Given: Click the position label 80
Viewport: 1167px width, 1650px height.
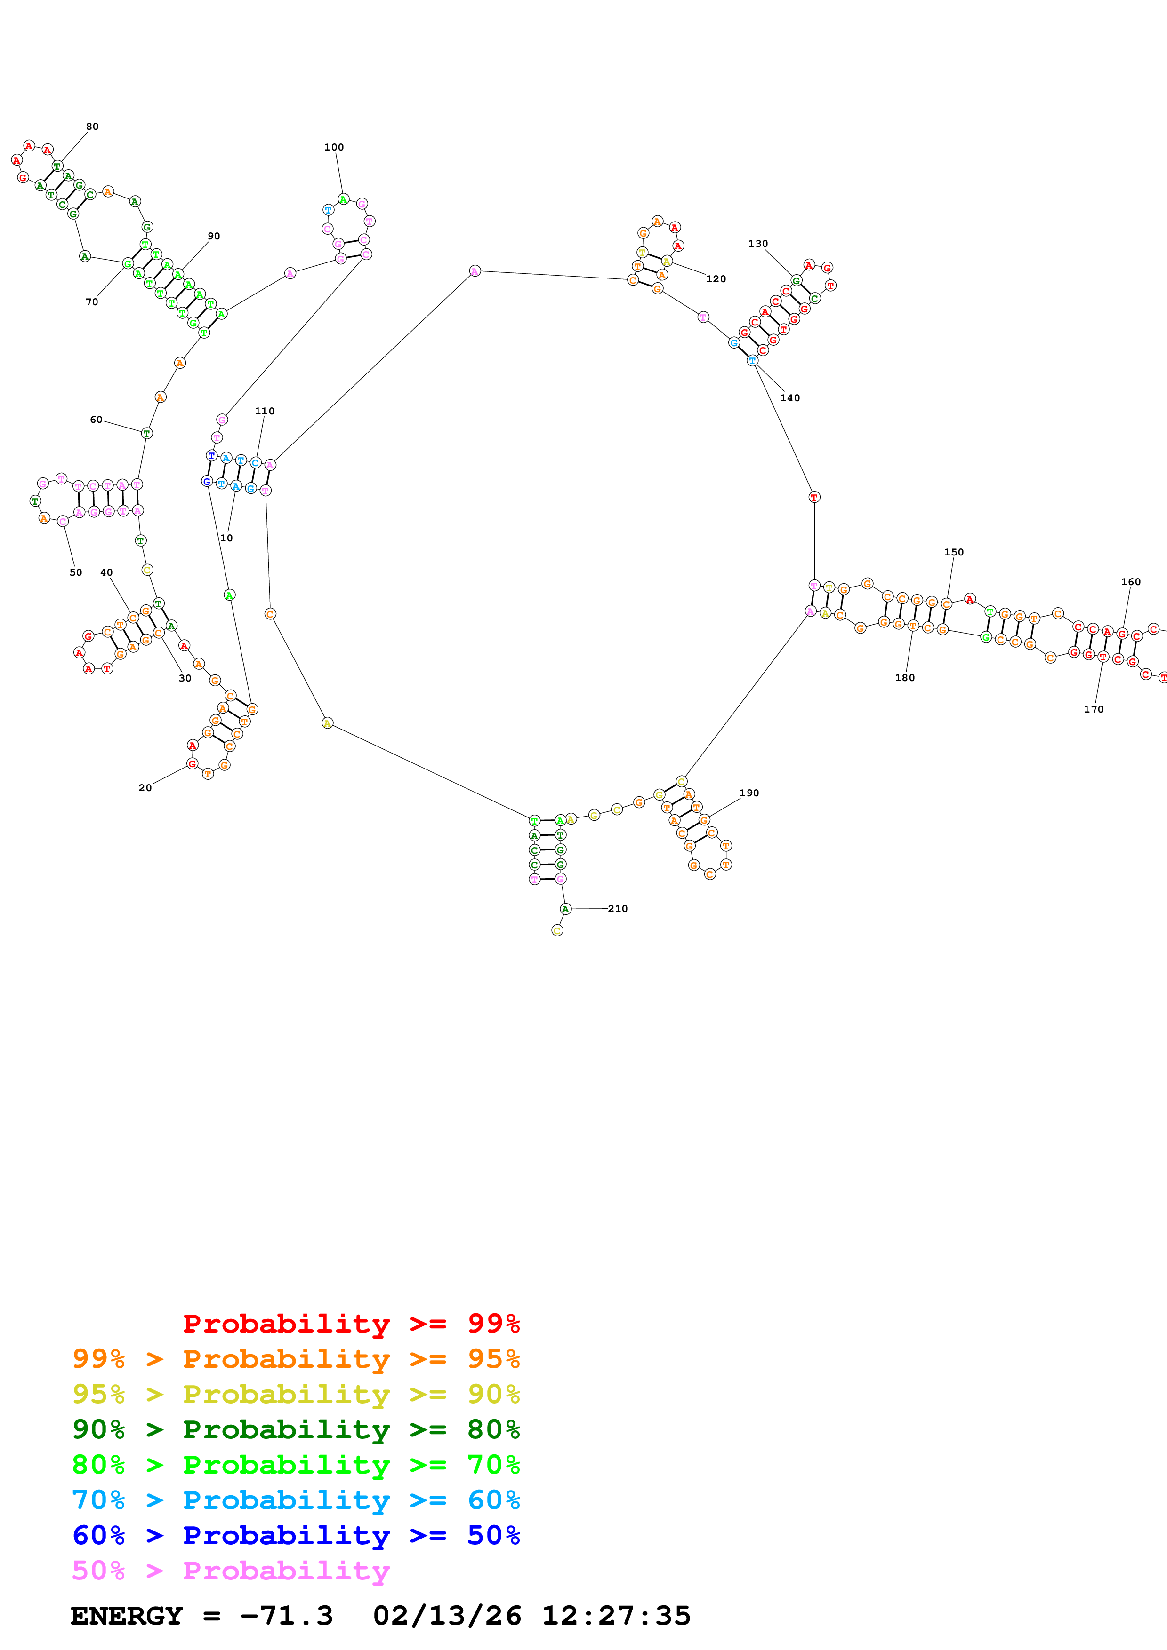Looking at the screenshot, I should click(x=92, y=127).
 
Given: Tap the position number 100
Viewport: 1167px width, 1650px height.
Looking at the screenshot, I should click(x=334, y=147).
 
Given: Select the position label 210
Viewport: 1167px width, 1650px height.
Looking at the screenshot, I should click(x=618, y=909).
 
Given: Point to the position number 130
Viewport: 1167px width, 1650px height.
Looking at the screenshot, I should click(x=758, y=244).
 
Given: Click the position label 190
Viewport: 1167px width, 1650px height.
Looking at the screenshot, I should click(x=749, y=793).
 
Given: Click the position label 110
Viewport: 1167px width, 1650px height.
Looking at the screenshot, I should click(x=265, y=411).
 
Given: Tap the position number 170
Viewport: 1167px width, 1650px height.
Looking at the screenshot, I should click(x=1094, y=709).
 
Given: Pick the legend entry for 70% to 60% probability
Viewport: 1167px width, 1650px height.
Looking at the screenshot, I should click(x=296, y=1500).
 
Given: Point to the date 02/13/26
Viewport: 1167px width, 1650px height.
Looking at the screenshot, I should click(x=447, y=1616).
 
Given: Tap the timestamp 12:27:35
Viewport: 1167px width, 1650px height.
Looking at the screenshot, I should click(x=616, y=1616).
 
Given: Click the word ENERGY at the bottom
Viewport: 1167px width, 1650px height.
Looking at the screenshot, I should click(x=127, y=1616).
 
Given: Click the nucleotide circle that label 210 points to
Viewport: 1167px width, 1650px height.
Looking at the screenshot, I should click(x=566, y=910).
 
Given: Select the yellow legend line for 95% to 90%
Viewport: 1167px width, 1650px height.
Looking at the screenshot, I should click(x=296, y=1394).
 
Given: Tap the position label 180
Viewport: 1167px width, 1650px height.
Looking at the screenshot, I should click(x=904, y=678).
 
